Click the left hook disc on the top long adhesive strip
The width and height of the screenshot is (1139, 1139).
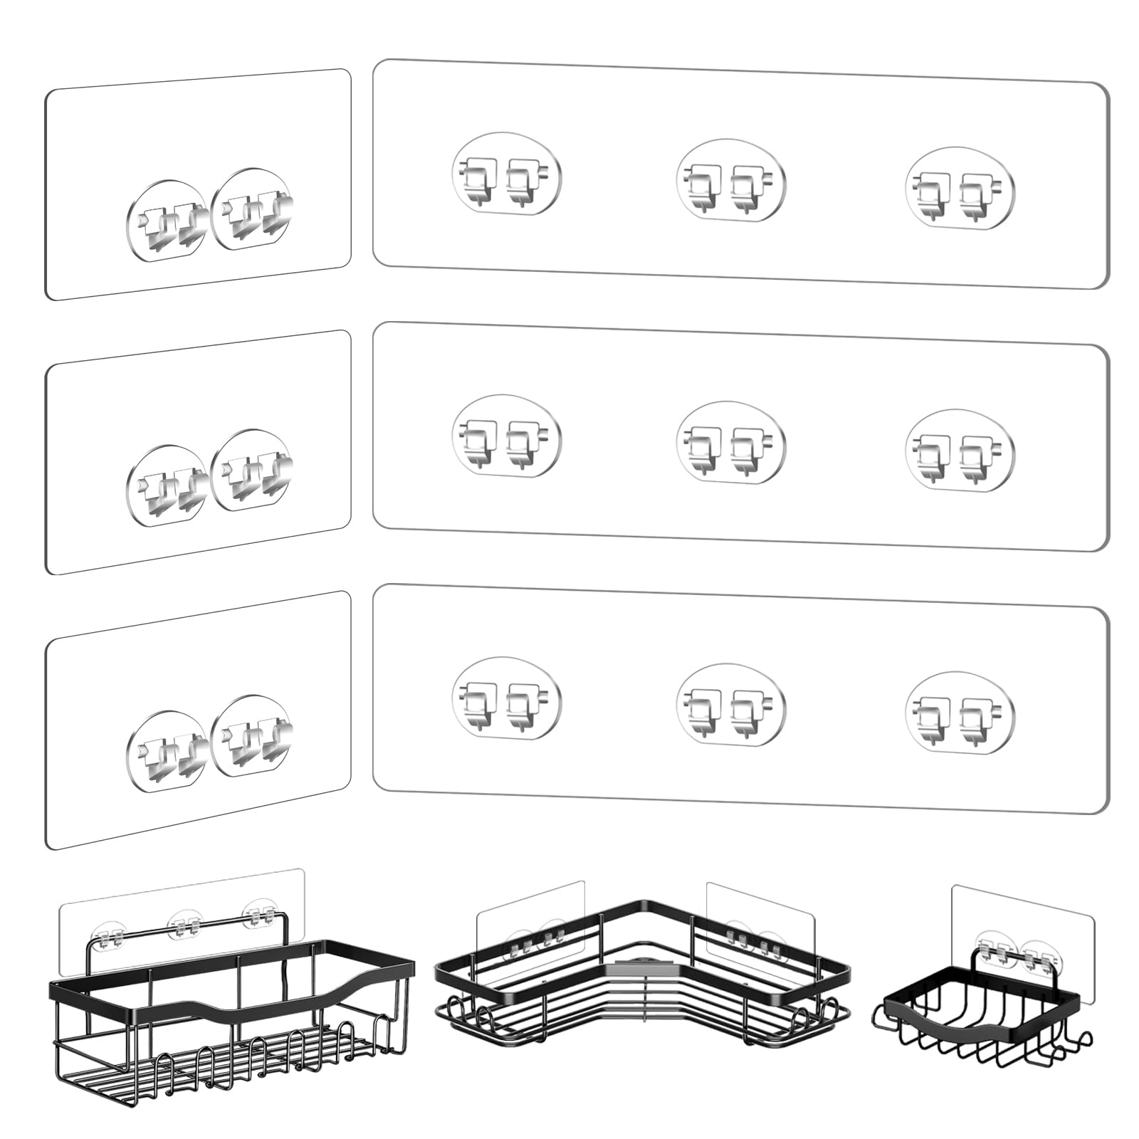point(506,174)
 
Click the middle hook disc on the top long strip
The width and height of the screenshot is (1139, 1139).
point(730,182)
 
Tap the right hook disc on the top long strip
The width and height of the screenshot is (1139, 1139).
point(960,190)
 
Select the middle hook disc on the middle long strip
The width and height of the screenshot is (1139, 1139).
point(730,445)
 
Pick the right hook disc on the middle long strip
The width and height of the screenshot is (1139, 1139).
point(960,453)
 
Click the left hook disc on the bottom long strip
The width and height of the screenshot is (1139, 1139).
point(506,700)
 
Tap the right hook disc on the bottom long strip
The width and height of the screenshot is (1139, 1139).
point(960,715)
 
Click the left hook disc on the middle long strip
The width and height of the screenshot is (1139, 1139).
point(506,436)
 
